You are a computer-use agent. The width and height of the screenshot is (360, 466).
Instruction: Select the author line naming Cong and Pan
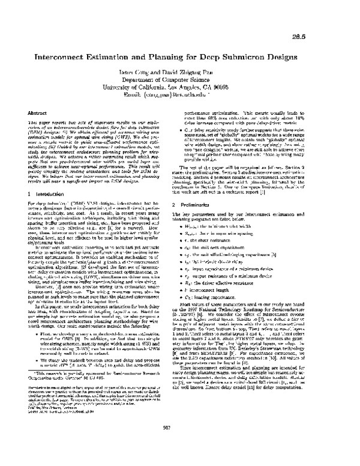coord(179,72)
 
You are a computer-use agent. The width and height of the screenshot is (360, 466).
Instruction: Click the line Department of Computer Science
coord(179,80)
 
